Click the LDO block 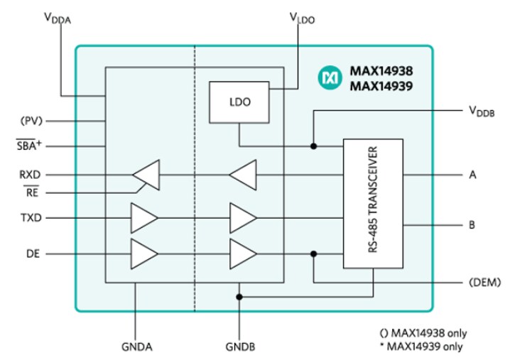pyautogui.click(x=239, y=101)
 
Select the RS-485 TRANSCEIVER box pyautogui.click(x=373, y=203)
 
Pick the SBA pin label pyautogui.click(x=31, y=146)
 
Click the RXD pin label pyautogui.click(x=31, y=173)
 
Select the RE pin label pyautogui.click(x=32, y=192)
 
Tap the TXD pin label pyautogui.click(x=31, y=217)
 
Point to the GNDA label pyautogui.click(x=136, y=347)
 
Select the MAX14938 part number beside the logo pyautogui.click(x=380, y=71)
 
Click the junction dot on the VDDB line pyautogui.click(x=313, y=147)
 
